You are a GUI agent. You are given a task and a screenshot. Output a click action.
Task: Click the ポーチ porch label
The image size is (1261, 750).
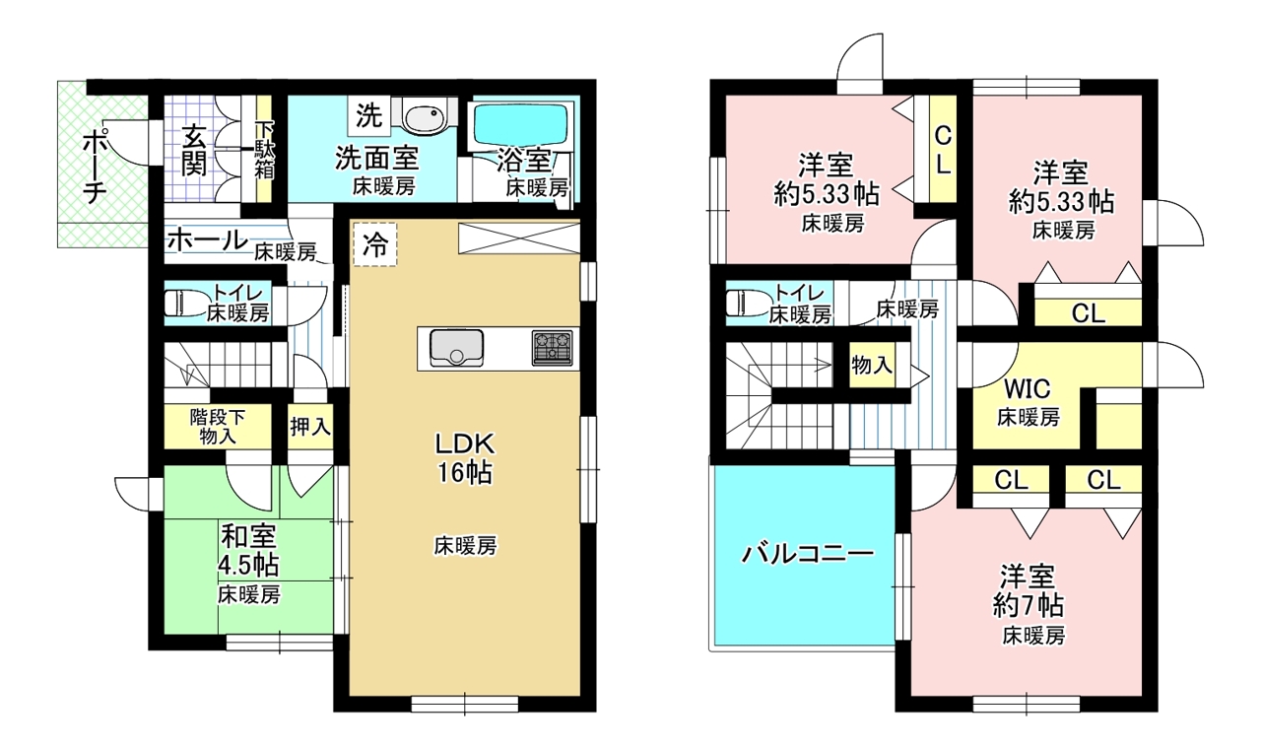[x=96, y=169]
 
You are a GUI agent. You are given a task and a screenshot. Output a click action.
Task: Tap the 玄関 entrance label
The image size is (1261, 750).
[x=194, y=151]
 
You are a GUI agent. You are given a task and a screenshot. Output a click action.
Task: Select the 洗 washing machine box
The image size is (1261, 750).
[x=369, y=116]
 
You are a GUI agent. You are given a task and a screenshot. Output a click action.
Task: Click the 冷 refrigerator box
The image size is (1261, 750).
[x=375, y=244]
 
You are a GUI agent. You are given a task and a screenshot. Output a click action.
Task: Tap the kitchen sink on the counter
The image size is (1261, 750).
[x=456, y=349]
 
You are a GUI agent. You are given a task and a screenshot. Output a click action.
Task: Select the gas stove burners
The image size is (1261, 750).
[x=553, y=348]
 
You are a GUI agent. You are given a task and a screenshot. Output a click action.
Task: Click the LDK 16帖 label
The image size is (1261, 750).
[x=465, y=458]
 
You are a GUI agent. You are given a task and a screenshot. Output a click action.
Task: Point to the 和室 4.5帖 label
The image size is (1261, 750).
[x=249, y=550]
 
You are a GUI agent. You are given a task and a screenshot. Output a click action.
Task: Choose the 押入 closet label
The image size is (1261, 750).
[x=310, y=426]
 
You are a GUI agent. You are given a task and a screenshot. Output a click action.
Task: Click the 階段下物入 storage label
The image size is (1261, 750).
[x=218, y=427]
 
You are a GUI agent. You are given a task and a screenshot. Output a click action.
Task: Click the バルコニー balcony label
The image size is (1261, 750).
[x=806, y=554]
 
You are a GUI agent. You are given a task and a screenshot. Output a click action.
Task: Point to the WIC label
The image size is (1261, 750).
[x=1027, y=388]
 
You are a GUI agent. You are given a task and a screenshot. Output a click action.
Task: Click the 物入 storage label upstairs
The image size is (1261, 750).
[x=872, y=366]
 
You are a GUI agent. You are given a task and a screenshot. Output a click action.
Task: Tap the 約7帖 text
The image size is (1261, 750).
[x=1029, y=605]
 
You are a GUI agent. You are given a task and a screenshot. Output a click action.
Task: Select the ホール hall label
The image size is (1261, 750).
[x=208, y=241]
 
